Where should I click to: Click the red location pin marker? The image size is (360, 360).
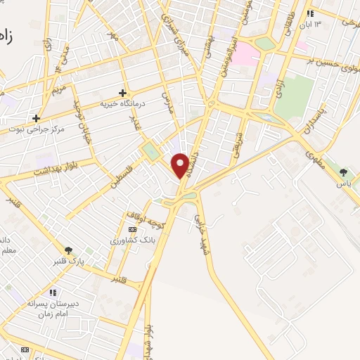click(x=181, y=166)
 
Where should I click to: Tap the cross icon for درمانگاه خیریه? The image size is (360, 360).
click(x=122, y=92)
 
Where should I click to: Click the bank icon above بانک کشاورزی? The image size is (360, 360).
click(x=132, y=229)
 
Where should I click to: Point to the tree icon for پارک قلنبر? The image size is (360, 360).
click(x=68, y=250)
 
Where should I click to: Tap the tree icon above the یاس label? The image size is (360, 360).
click(x=343, y=172)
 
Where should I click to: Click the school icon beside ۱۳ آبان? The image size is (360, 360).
click(x=310, y=13)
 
